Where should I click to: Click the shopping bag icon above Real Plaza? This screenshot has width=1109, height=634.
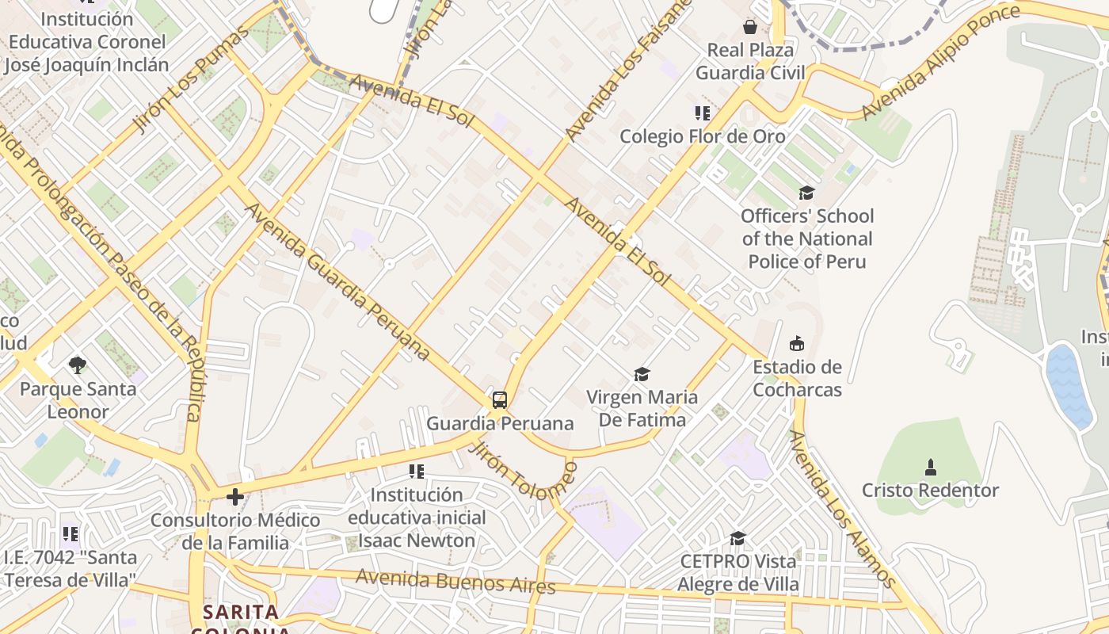pos(749,27)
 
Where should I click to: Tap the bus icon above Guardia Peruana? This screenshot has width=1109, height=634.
pos(499,400)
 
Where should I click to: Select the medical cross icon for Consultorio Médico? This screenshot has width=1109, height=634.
pos(234,497)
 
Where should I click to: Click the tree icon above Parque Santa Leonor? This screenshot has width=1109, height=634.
pos(77,365)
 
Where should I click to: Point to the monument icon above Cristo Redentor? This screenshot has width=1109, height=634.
pos(931,467)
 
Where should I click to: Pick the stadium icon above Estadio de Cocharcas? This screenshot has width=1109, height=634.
pos(797,343)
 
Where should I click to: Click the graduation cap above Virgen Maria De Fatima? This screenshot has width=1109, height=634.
pos(642,373)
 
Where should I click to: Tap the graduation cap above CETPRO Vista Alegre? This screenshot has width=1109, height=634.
pos(737,538)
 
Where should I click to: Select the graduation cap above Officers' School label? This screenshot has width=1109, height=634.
pos(806,193)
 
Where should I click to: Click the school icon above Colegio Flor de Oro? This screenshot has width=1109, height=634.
pos(702,113)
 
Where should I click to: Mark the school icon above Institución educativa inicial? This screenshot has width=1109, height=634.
pos(417,472)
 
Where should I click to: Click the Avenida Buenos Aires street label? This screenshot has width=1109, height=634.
pos(455,581)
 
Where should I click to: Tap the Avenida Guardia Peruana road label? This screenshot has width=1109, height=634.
pos(337,281)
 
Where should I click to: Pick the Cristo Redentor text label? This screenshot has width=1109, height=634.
pos(930,491)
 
